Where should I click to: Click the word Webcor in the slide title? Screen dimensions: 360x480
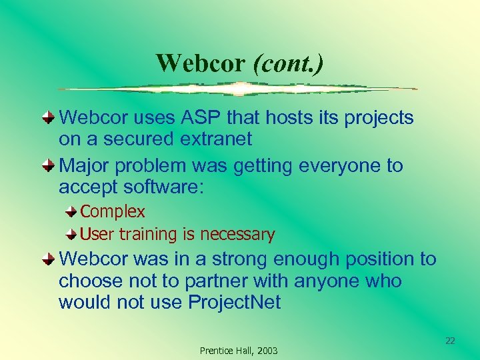point(201,63)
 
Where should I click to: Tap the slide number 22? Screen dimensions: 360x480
point(450,341)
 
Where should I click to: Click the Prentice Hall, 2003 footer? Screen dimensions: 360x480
point(239,351)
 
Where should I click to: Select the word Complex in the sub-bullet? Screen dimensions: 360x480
point(112,211)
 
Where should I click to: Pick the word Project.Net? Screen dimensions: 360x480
point(235,302)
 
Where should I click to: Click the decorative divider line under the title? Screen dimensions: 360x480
point(238,89)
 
